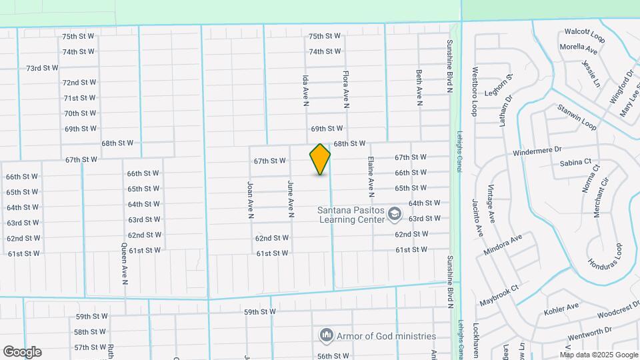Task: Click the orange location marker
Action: tap(320, 159)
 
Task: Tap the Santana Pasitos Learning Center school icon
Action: tap(394, 214)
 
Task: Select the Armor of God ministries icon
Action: tap(327, 335)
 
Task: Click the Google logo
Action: tap(22, 352)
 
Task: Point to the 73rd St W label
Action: tap(43, 68)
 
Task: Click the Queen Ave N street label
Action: tap(125, 263)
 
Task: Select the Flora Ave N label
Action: tap(346, 90)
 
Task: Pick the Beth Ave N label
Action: tap(419, 87)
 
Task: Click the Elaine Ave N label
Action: tap(371, 177)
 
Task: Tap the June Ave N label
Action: tap(291, 199)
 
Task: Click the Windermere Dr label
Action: tap(538, 153)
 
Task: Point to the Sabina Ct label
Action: tap(575, 162)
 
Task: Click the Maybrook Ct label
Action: tap(499, 297)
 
